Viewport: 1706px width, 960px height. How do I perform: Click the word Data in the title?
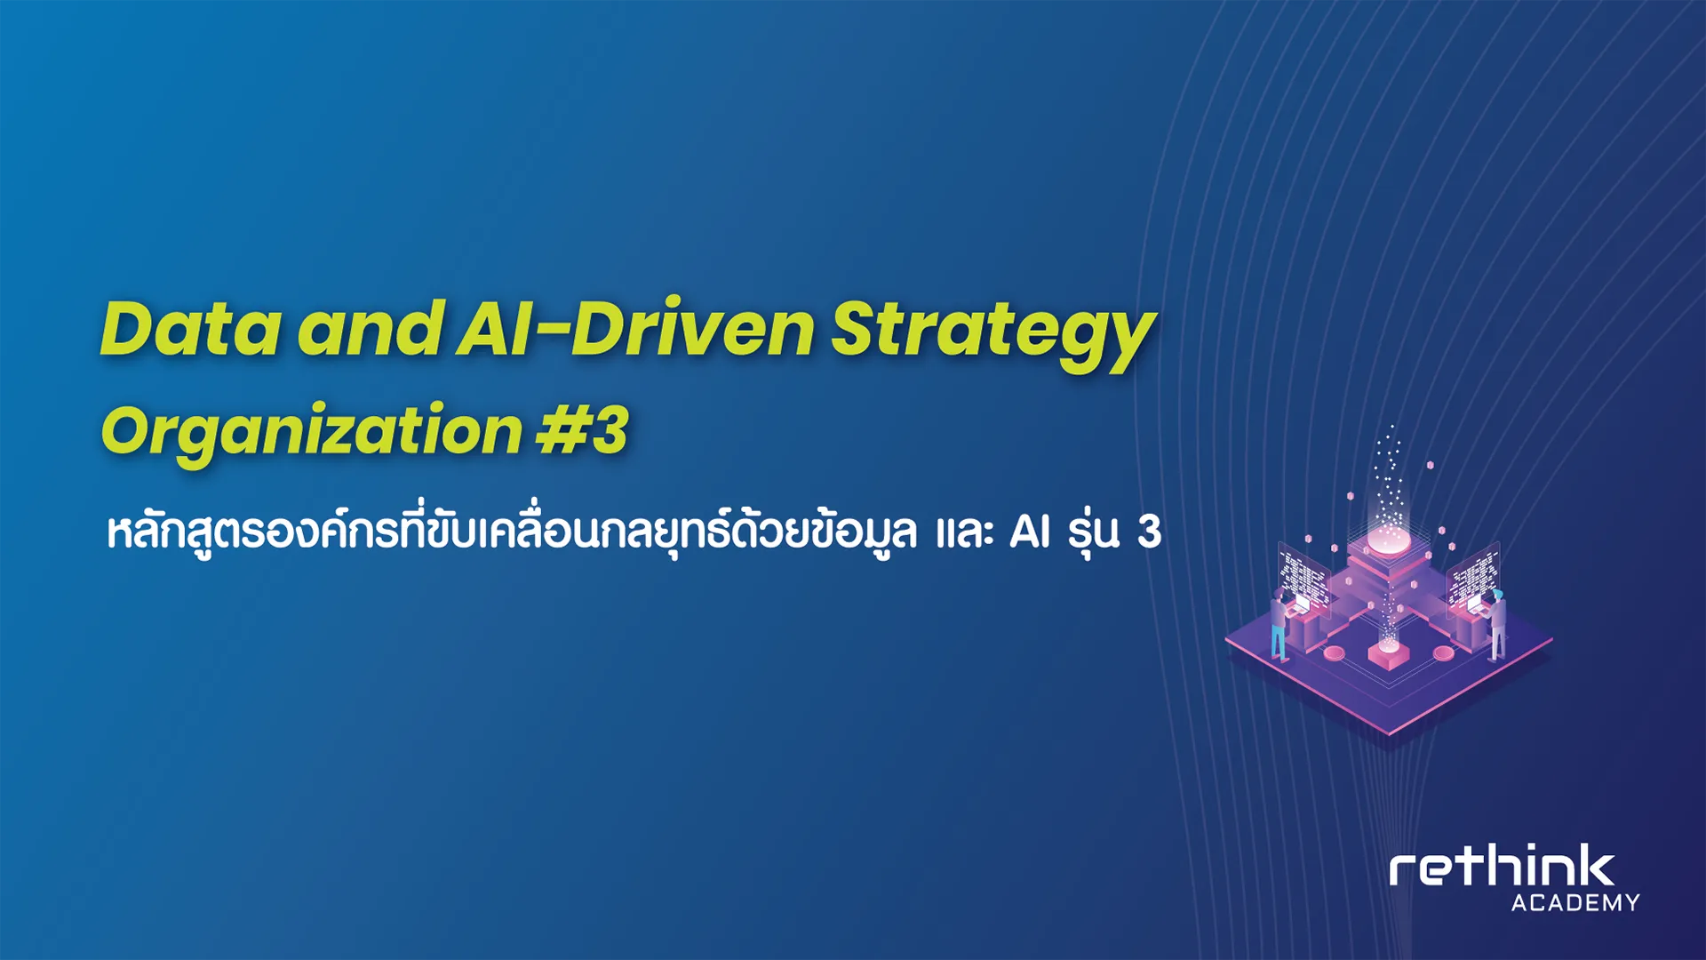point(191,329)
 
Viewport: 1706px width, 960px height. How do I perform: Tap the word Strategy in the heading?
point(993,336)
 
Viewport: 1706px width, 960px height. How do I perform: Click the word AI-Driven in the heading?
point(635,328)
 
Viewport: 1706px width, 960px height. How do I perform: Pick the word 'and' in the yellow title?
point(371,328)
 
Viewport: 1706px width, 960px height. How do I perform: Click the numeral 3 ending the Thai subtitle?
point(1150,532)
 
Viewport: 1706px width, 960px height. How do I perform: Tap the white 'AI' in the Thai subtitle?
point(1030,532)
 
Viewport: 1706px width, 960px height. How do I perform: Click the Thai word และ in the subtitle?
point(964,532)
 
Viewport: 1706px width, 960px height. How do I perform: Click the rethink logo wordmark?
point(1502,866)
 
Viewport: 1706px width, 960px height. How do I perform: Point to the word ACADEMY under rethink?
point(1575,903)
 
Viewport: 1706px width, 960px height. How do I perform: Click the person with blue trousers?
point(1279,626)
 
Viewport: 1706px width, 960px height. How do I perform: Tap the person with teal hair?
point(1497,624)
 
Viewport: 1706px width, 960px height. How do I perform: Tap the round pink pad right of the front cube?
point(1443,653)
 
